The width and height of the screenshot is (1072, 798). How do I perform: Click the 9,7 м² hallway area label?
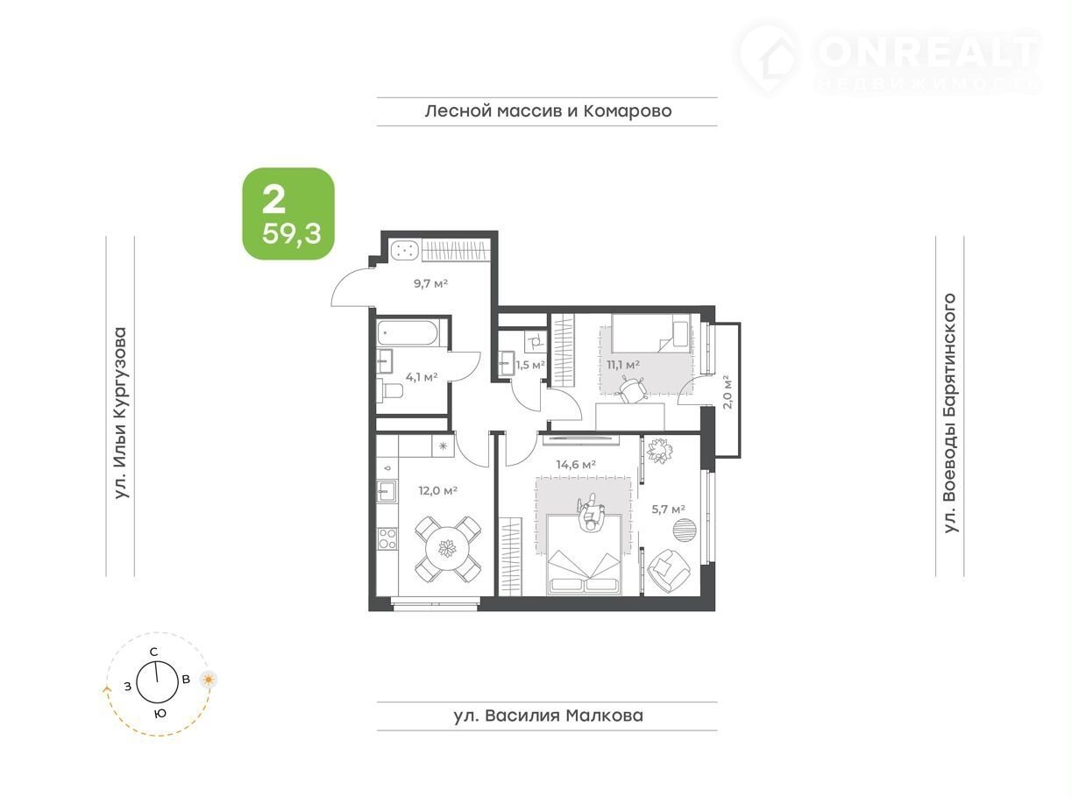pos(430,283)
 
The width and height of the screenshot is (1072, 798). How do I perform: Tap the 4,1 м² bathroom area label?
pos(422,377)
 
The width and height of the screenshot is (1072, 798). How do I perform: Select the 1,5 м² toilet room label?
pos(530,365)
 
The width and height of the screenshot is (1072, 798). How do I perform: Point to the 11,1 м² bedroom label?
pos(623,365)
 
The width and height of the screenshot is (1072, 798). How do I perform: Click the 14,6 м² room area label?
pos(576,465)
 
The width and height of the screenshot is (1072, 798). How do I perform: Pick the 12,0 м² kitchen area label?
pos(438,491)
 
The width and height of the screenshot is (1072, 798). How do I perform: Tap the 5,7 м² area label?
pos(669,509)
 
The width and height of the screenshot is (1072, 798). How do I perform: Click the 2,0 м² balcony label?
pos(728,392)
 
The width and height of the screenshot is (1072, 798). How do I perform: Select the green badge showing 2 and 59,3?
pos(288,214)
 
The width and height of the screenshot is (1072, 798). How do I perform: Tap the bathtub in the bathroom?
pos(408,334)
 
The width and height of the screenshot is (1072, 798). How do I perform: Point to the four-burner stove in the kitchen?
pos(387,538)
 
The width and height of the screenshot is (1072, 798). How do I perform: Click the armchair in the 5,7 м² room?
pos(669,571)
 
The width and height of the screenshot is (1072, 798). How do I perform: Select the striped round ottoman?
pos(685,531)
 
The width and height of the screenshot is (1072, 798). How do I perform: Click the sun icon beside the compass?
pos(209,680)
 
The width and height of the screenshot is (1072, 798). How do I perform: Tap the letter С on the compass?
pos(153,652)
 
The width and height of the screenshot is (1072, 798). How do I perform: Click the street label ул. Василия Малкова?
pos(548,716)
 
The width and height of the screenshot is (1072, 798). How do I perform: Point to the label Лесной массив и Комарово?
pos(548,111)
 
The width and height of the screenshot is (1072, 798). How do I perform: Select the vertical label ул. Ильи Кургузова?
pos(120,414)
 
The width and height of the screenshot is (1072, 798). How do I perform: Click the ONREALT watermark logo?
pos(887,57)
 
